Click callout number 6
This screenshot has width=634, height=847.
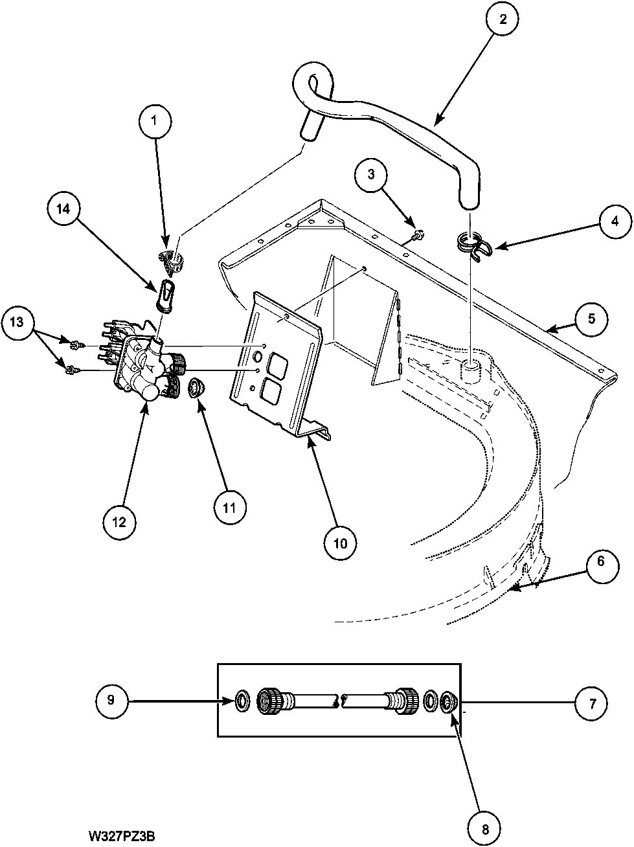[x=601, y=561]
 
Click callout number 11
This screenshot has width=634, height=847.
[x=229, y=507]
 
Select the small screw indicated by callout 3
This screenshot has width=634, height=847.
[x=418, y=235]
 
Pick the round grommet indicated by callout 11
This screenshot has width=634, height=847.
[x=196, y=388]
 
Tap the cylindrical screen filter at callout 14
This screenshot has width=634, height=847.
[x=165, y=295]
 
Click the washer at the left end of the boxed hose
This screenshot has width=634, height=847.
[x=242, y=701]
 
